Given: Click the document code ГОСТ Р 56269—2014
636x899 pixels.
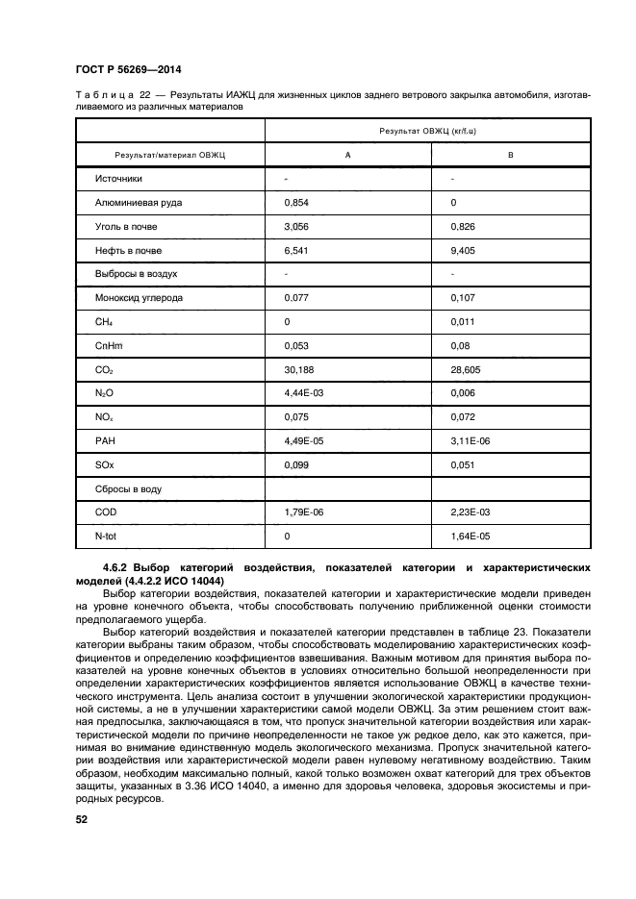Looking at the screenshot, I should coord(128,71).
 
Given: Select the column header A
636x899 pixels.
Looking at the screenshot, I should coord(346,155).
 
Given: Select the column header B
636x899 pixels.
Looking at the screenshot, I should coord(510,155).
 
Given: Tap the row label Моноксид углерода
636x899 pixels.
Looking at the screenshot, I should coord(140,298).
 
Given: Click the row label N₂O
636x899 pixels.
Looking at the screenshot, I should coord(105,393).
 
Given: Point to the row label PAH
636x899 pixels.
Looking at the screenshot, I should coord(104,440).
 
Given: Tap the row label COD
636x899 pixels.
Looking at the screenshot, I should coord(105,512).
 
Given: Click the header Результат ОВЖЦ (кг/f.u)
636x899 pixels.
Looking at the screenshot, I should coord(428,130).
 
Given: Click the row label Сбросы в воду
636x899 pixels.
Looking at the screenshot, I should coord(127,488).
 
